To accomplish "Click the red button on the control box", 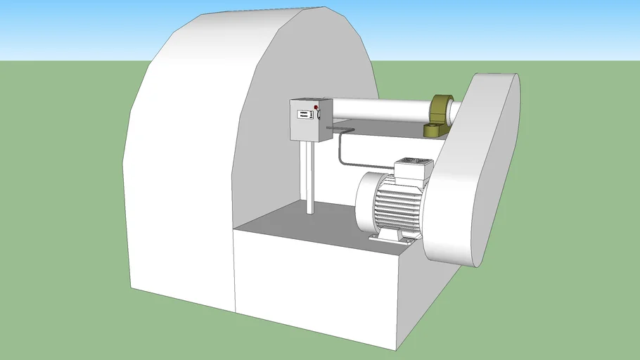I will coord(316,107).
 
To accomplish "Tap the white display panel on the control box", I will coord(303,114).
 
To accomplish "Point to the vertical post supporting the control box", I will coord(308,176).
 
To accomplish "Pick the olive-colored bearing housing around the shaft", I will coord(440,108).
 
